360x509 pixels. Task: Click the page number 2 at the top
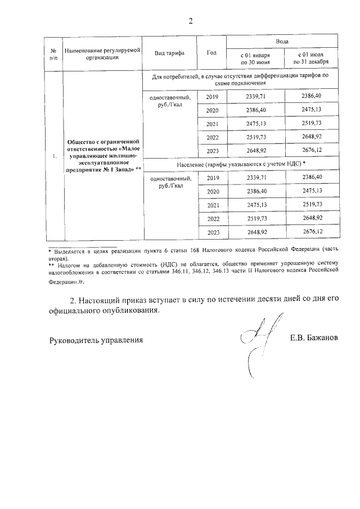coord(190,21)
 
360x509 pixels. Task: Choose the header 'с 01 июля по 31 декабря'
coord(310,59)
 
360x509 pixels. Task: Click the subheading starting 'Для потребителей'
coord(240,78)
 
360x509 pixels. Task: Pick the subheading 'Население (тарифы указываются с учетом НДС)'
coord(240,164)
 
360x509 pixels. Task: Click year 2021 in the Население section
coord(212,205)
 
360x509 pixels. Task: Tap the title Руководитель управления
coord(96,340)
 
